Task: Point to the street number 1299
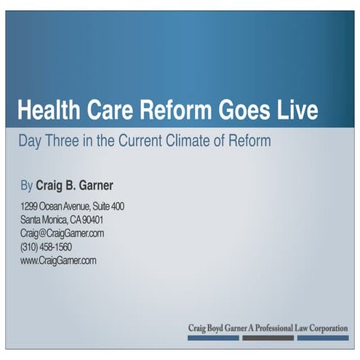point(29,207)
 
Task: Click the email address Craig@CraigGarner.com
point(62,233)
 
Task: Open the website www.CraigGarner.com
point(57,260)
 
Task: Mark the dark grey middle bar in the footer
point(268,338)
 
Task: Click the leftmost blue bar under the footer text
point(213,338)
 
